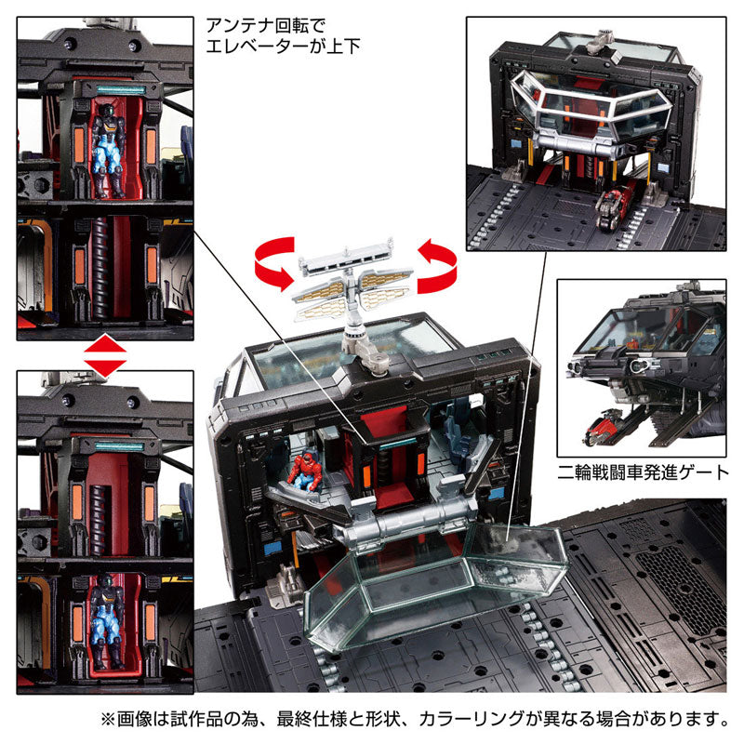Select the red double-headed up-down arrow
(104, 356)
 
